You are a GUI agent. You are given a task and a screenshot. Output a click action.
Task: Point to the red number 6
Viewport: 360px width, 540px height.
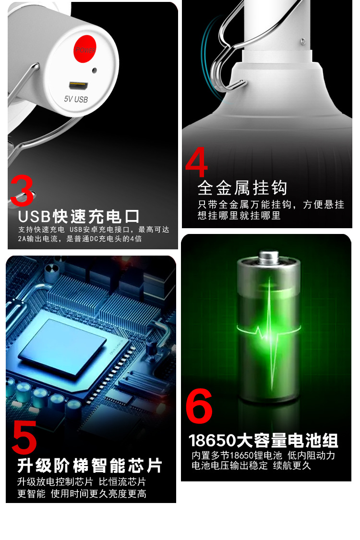pyautogui.click(x=199, y=406)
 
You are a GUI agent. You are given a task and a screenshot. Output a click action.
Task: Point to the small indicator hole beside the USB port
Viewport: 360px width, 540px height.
pyautogui.click(x=95, y=70)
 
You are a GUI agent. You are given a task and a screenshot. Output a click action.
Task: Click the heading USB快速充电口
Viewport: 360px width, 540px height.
pyautogui.click(x=79, y=216)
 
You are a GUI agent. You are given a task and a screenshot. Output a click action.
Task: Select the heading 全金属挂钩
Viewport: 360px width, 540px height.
pyautogui.click(x=242, y=188)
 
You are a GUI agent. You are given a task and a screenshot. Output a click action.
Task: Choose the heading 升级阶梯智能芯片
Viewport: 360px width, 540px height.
pyautogui.click(x=90, y=465)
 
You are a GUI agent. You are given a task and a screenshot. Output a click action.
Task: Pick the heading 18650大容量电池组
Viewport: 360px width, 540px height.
pyautogui.click(x=263, y=440)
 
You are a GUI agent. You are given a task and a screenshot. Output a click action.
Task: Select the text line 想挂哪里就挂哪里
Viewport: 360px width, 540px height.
pyautogui.click(x=239, y=216)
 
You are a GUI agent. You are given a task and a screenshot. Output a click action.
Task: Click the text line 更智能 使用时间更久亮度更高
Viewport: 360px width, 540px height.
pyautogui.click(x=82, y=493)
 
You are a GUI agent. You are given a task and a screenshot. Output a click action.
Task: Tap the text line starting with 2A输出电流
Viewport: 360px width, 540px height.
pyautogui.click(x=79, y=239)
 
